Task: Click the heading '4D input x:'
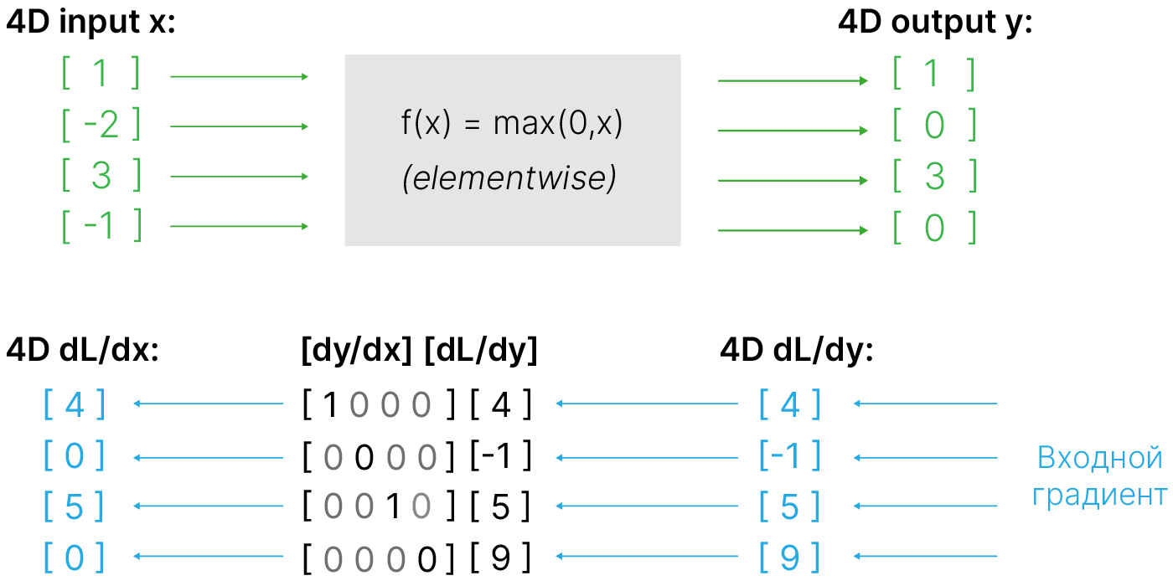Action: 90,23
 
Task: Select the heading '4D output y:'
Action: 935,23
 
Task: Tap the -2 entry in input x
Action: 101,126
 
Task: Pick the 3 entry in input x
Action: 101,176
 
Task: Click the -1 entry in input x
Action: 101,226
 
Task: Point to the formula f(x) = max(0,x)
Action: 512,125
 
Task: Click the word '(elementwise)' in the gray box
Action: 509,178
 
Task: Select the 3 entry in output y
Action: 935,177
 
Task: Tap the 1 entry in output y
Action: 933,75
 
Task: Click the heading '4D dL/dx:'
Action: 82,352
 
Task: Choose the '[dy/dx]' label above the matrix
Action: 356,352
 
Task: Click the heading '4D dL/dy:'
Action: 797,352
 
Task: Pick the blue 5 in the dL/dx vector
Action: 74,507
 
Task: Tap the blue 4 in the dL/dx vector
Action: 74,406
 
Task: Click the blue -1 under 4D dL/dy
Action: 789,456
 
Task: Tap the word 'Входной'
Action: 1099,458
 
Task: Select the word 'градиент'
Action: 1099,496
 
